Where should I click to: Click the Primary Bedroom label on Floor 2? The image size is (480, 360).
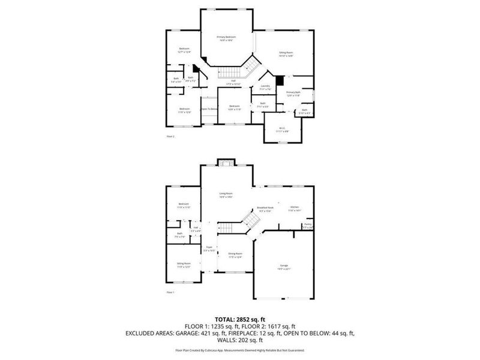point(226,37)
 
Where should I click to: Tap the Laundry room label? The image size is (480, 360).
point(265,86)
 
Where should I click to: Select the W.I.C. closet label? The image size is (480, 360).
point(282,129)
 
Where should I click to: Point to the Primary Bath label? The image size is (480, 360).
point(293,93)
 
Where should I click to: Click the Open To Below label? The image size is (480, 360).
point(209,109)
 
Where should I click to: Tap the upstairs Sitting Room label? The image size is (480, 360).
point(286,54)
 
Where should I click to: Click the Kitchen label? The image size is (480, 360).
point(294,208)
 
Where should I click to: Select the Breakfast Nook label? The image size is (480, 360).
point(265,209)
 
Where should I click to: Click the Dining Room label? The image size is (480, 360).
point(235,254)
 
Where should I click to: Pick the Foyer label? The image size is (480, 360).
point(209,247)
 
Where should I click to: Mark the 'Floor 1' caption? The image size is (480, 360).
point(170,292)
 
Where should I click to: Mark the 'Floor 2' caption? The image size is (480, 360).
point(170,136)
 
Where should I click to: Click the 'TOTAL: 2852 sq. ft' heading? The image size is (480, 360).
point(240,319)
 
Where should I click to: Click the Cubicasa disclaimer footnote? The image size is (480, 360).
point(240,350)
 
